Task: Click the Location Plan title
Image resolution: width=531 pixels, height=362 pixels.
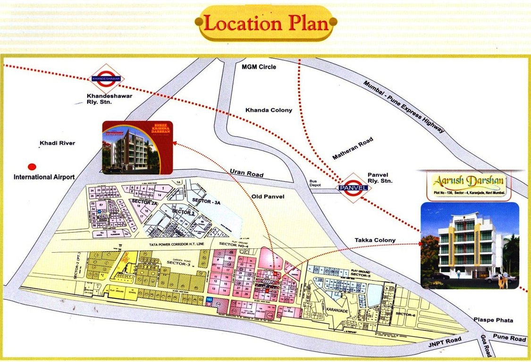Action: pos(267,24)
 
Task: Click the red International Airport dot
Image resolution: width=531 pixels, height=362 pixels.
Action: pos(32,166)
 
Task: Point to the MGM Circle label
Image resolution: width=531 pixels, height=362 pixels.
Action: pos(259,67)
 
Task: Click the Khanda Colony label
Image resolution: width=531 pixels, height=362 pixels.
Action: pos(269,110)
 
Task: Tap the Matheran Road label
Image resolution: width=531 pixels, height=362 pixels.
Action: pos(353,148)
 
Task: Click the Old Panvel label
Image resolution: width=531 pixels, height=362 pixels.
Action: pos(268,197)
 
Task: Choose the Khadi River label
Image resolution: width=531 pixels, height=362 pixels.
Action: pos(58,143)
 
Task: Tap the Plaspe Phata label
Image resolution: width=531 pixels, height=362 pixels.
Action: pos(493,321)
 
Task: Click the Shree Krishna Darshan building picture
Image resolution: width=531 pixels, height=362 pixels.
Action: pos(138,147)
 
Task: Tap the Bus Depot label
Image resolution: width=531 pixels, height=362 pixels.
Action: pos(314,184)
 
